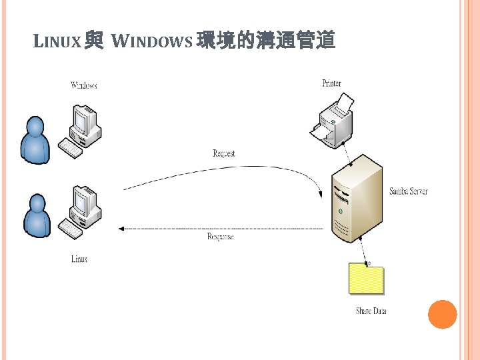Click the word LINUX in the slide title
[x=57, y=43]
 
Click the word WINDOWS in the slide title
[x=152, y=43]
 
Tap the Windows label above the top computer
[x=84, y=85]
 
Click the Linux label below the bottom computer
[x=79, y=259]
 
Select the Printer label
[x=331, y=83]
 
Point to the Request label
[x=224, y=153]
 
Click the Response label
[x=221, y=237]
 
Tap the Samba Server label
[x=409, y=191]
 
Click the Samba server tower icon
[x=357, y=199]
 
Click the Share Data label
[x=371, y=311]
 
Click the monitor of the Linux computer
[x=85, y=201]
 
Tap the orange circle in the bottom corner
[x=442, y=314]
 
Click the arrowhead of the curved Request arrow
[x=321, y=194]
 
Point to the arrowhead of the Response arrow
[x=121, y=229]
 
